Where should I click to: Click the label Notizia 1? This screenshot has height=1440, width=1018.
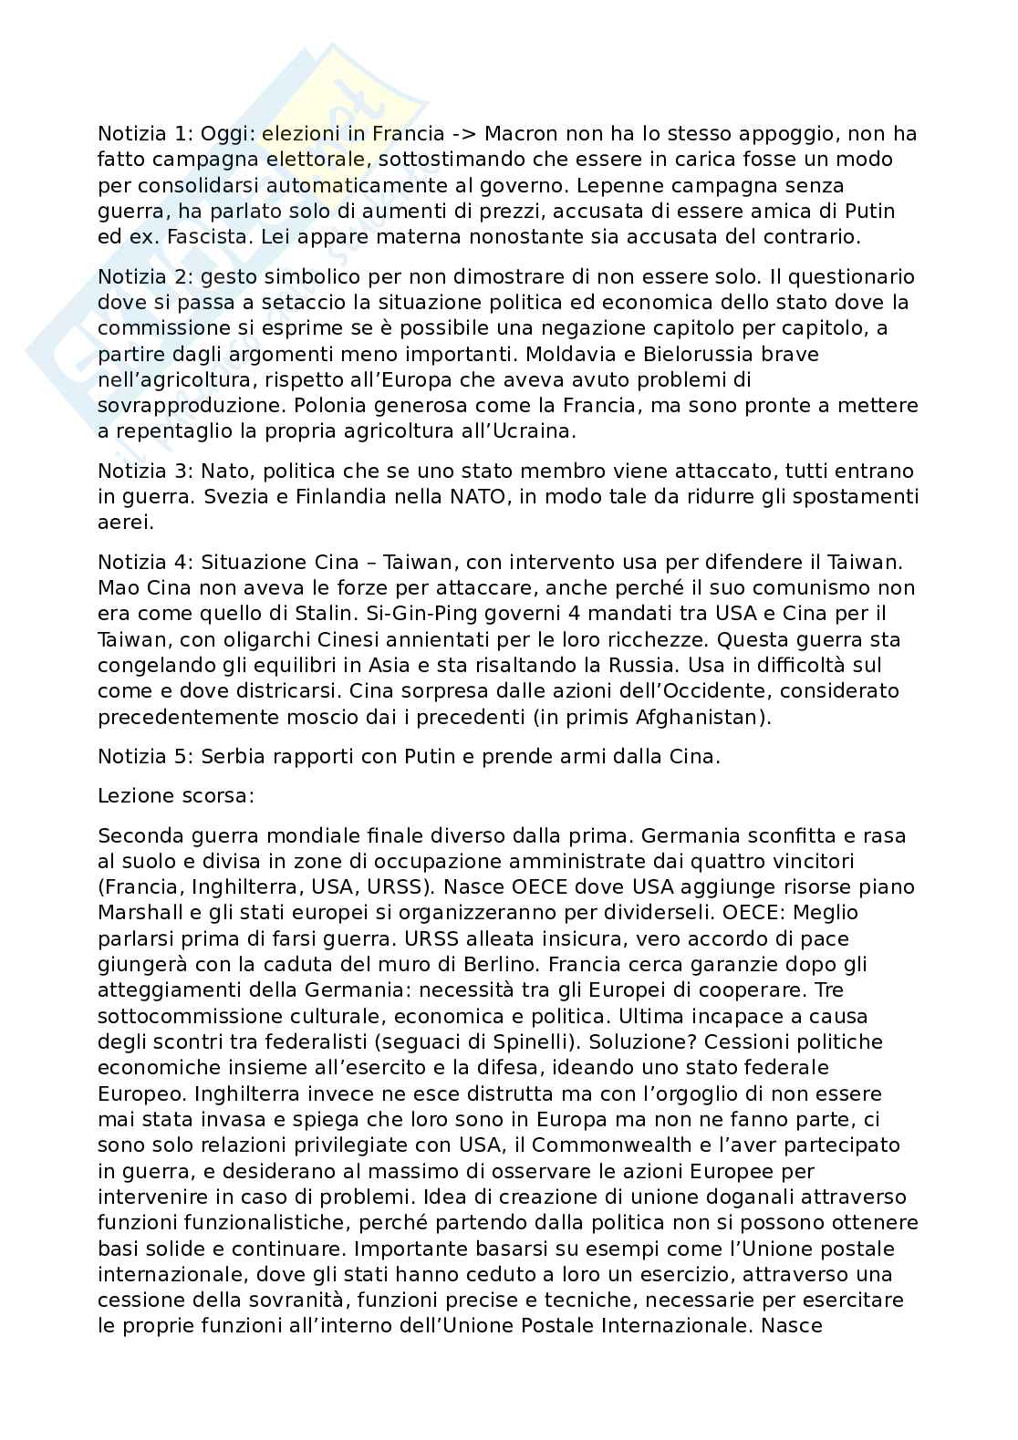point(139,134)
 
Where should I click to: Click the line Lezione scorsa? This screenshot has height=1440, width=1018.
point(176,795)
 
